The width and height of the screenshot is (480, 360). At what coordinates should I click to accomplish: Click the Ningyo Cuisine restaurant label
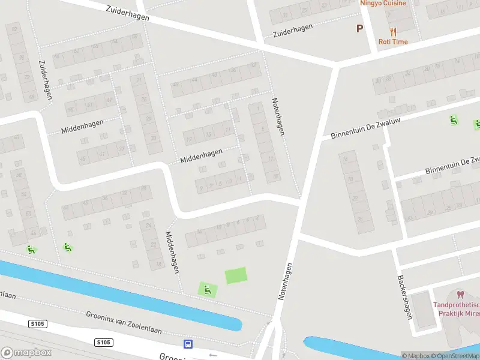(x=383, y=3)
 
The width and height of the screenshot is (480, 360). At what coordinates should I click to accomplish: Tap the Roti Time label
(x=393, y=42)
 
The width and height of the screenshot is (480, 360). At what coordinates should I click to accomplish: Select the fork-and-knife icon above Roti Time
(x=393, y=31)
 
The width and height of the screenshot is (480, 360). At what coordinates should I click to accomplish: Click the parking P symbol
(x=360, y=28)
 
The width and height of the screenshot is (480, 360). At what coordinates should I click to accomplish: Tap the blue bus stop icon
(x=188, y=344)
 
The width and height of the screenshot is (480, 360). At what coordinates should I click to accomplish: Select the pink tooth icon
(x=461, y=295)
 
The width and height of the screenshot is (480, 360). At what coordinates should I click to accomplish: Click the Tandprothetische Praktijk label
(x=457, y=308)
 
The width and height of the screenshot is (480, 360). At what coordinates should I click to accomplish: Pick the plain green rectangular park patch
(x=236, y=276)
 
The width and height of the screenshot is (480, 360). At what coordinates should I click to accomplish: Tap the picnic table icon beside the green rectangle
(x=208, y=290)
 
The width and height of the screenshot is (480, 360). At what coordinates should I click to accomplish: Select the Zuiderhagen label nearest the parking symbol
(x=293, y=31)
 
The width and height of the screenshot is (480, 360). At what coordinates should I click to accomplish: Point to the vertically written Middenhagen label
(x=173, y=253)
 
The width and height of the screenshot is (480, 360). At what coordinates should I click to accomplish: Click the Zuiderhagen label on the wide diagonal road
(x=127, y=14)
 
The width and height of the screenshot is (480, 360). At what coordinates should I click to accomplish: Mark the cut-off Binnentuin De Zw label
(x=452, y=166)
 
